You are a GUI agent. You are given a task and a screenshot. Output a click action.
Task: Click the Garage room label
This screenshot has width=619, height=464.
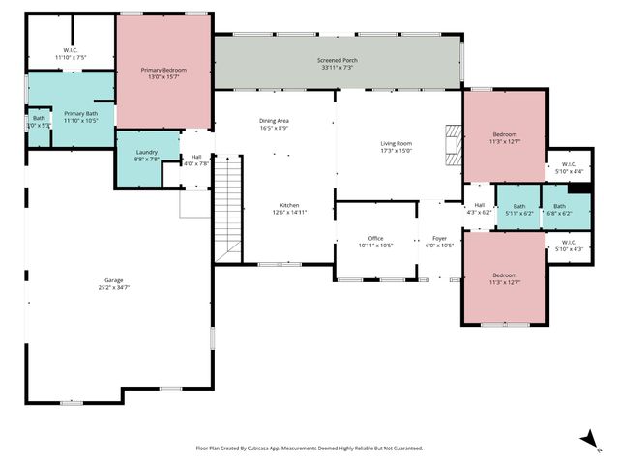pyautogui.click(x=112, y=279)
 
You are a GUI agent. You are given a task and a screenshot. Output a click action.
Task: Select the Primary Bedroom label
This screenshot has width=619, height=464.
pyautogui.click(x=163, y=71)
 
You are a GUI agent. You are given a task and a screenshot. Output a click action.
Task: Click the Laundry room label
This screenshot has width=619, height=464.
pyautogui.click(x=147, y=152)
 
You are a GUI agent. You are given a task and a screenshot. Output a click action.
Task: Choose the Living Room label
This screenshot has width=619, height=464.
pyautogui.click(x=396, y=143)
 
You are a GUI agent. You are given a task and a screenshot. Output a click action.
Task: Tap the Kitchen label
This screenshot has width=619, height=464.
pyautogui.click(x=289, y=205)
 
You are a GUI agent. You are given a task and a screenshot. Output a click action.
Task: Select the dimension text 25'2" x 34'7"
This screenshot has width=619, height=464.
pyautogui.click(x=112, y=287)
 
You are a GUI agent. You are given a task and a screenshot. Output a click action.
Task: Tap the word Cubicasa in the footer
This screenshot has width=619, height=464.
pyautogui.click(x=267, y=449)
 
